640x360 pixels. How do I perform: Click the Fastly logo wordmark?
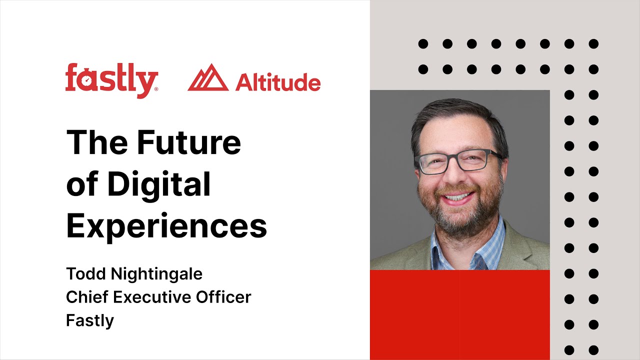(111, 80)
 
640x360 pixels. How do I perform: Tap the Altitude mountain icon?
(208, 78)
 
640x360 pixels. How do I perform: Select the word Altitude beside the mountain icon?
(277, 82)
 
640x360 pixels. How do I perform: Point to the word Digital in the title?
(159, 184)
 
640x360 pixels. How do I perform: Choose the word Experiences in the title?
(166, 226)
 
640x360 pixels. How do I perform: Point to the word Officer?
(222, 297)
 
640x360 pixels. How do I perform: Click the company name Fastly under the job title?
(90, 320)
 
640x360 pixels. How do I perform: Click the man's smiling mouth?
(457, 196)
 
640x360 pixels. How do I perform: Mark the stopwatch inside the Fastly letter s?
(86, 80)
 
